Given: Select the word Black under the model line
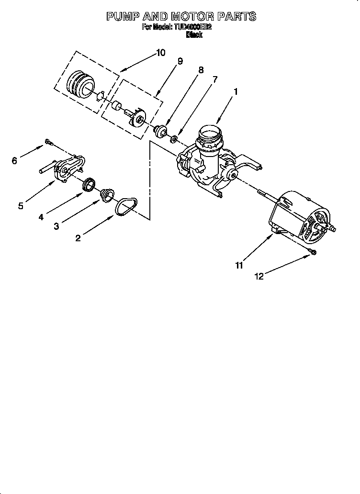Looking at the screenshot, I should (193, 35).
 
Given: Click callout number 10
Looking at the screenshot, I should (161, 53).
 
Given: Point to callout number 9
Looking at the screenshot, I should (180, 61).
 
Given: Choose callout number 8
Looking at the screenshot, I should (201, 70).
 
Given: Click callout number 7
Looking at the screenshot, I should (215, 79).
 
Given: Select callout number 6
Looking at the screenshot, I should (14, 161).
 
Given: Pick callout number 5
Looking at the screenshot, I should (21, 206).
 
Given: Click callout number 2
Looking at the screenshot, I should (78, 238).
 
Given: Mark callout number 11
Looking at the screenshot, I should (239, 265).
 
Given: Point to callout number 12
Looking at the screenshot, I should (259, 276).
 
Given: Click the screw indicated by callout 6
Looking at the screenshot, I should (48, 141).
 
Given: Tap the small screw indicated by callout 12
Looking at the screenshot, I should (313, 251).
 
